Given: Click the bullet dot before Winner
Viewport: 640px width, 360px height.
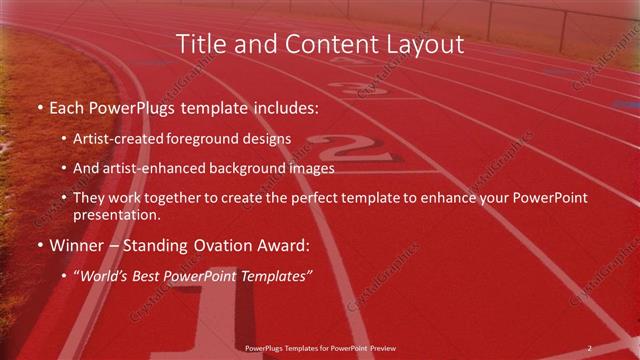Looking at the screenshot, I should [38, 245].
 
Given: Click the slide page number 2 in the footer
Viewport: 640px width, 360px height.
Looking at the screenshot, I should [589, 348].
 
